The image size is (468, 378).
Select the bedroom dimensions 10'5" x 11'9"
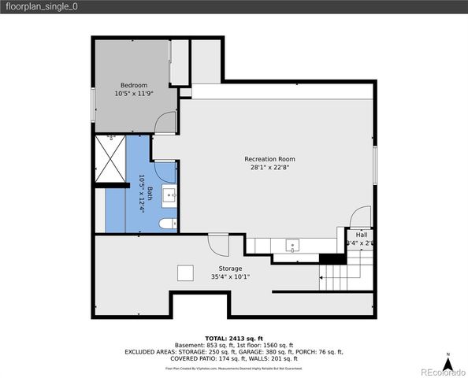(x=132, y=94)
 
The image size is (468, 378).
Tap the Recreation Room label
(x=269, y=158)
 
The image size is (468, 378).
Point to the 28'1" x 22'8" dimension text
(x=269, y=167)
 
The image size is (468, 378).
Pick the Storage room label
(x=230, y=269)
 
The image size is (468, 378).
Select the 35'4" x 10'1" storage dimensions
(x=230, y=277)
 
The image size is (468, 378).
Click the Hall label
(x=361, y=235)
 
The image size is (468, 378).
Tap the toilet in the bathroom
(x=168, y=224)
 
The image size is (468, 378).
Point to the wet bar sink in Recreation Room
(x=292, y=245)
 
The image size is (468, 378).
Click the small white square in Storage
(x=186, y=272)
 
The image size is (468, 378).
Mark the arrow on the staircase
(x=323, y=276)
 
